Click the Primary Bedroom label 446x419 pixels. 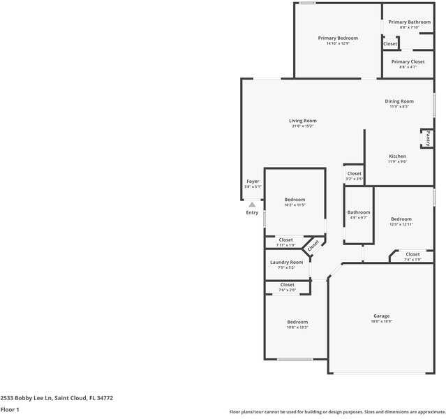coord(338,38)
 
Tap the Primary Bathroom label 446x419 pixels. coord(410,22)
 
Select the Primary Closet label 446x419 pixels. coord(408,61)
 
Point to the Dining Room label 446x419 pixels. coord(399,101)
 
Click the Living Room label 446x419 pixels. coord(303,121)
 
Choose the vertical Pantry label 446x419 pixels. coord(427,138)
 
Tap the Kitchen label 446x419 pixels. coord(397,156)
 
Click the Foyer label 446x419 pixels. coord(253,181)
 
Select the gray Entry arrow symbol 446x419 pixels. coord(252,205)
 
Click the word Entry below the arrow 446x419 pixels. coord(252,212)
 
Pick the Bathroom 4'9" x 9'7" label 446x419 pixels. coord(359,212)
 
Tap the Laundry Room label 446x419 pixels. coord(286,262)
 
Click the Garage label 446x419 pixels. coord(381,316)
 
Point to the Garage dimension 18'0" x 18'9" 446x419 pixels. coord(381,321)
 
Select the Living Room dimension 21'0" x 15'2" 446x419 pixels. coord(303,126)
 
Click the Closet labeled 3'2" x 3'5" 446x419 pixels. coord(355,173)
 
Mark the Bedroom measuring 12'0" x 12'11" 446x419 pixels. coord(401,219)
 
